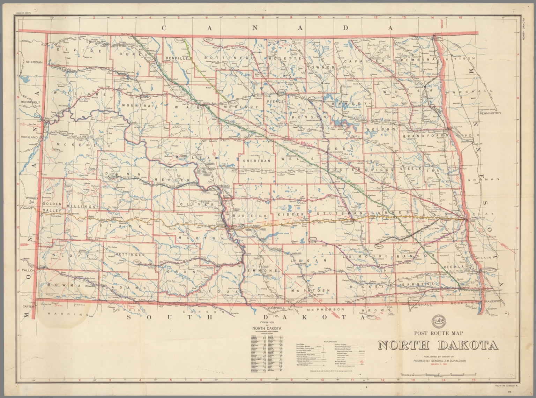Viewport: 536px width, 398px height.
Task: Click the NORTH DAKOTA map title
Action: pyautogui.click(x=438, y=345)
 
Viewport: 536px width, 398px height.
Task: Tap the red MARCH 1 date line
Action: pyautogui.click(x=441, y=364)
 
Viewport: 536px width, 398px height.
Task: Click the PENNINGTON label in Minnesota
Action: pyautogui.click(x=490, y=113)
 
